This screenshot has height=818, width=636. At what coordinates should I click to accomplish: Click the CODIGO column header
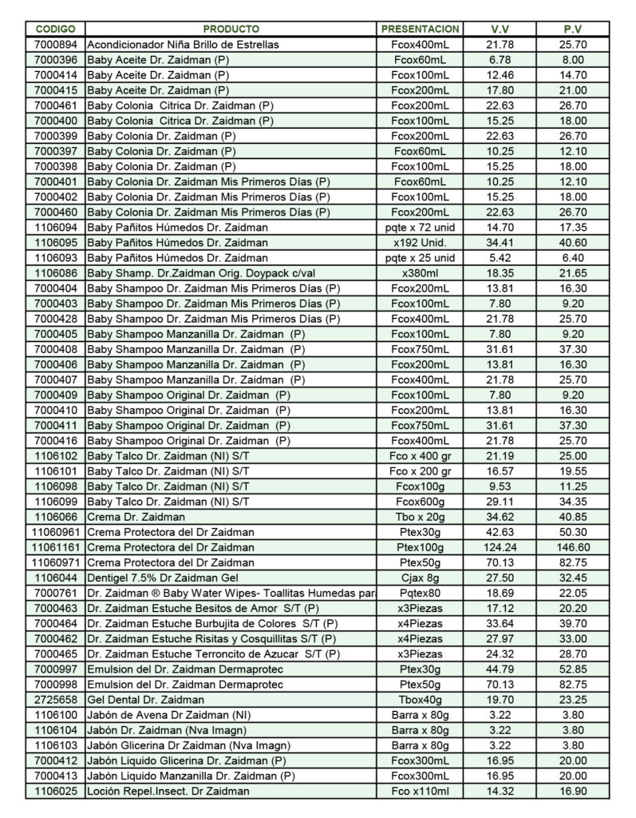(x=56, y=30)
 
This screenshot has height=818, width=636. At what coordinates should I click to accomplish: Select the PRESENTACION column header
(x=420, y=30)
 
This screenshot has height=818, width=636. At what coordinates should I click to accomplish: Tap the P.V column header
(x=573, y=30)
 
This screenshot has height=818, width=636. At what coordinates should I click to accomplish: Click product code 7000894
(x=56, y=45)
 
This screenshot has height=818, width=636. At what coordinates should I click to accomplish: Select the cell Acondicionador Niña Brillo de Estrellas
(x=183, y=45)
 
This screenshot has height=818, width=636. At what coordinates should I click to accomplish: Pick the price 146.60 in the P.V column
(x=573, y=547)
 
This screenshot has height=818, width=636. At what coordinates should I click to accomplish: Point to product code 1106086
(x=56, y=273)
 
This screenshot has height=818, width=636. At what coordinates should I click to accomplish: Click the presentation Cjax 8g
(x=420, y=578)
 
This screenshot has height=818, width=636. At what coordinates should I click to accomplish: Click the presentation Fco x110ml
(x=420, y=791)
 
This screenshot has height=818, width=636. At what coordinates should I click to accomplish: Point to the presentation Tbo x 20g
(x=420, y=517)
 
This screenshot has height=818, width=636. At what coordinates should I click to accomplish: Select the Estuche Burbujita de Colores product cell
(x=212, y=623)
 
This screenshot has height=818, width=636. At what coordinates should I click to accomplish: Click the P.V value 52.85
(x=573, y=669)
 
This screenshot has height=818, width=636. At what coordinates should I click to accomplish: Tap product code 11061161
(x=56, y=547)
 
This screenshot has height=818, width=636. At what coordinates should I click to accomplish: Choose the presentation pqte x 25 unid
(x=420, y=258)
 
